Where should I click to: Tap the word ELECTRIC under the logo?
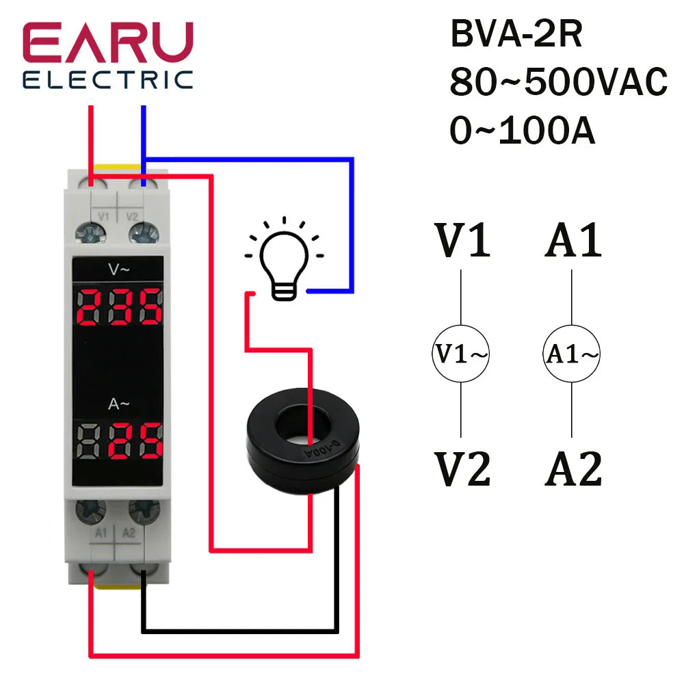108,79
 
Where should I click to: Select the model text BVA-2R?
516,36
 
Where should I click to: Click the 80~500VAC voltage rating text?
557,83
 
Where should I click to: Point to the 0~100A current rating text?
522,131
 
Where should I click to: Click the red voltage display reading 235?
120,306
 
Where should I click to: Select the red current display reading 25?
120,442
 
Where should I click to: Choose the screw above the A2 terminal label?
143,509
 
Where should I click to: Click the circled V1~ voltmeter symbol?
461,354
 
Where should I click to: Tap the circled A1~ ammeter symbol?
572,354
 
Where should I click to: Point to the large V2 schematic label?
463,470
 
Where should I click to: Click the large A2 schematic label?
573,470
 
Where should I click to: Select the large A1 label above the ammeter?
573,241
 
